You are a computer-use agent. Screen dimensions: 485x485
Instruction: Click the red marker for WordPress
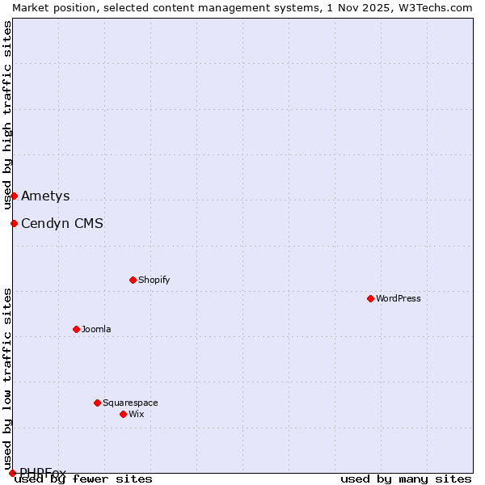[x=370, y=298]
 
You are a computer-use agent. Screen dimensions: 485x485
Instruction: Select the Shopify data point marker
[x=133, y=280]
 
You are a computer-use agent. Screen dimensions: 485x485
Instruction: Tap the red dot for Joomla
[x=76, y=329]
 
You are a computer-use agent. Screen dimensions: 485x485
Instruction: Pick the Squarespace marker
[x=97, y=403]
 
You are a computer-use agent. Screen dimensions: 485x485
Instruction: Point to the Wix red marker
[x=123, y=414]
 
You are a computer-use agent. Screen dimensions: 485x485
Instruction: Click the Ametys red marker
[x=14, y=196]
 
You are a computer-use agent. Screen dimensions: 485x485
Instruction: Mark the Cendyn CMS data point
[x=14, y=223]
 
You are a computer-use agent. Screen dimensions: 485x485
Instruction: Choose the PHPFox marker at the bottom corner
[x=12, y=473]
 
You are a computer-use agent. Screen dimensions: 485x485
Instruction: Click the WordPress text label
[x=399, y=298]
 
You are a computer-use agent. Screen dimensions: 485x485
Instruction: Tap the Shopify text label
[x=154, y=280]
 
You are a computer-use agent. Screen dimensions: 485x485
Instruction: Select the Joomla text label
[x=96, y=329]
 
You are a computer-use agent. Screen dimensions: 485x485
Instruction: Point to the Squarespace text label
[x=130, y=403]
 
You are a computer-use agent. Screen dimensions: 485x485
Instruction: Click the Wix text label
[x=136, y=414]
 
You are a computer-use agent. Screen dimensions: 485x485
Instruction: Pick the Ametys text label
[x=45, y=196]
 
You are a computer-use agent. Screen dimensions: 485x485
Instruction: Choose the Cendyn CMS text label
[x=62, y=223]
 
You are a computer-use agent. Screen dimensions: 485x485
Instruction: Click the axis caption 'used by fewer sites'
[x=83, y=479]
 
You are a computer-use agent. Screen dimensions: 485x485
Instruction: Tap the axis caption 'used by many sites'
[x=406, y=479]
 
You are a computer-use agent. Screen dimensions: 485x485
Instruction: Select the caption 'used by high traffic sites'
[x=7, y=115]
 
